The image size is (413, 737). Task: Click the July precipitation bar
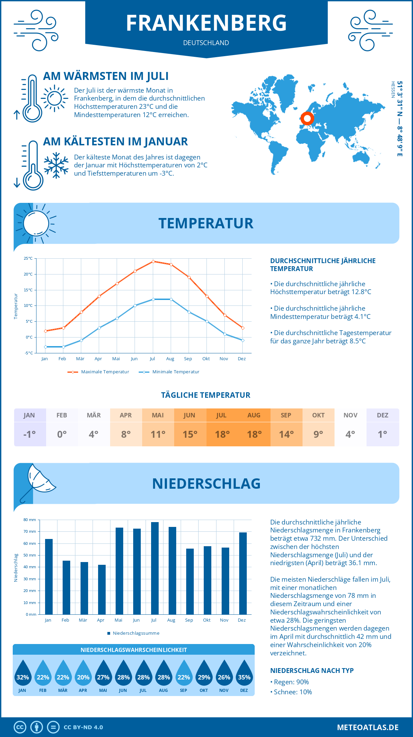pyautogui.click(x=155, y=568)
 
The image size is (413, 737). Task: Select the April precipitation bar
pyautogui.click(x=102, y=590)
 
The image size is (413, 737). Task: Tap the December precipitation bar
pyautogui.click(x=243, y=573)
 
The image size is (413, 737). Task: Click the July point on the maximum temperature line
pyautogui.click(x=153, y=261)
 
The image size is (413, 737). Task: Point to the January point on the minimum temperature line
pyautogui.click(x=45, y=347)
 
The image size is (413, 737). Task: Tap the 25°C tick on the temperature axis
pyautogui.click(x=28, y=258)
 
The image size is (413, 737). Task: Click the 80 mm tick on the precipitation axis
pyautogui.click(x=30, y=520)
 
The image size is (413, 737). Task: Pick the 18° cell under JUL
pyautogui.click(x=222, y=434)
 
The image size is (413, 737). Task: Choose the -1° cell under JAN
pyautogui.click(x=30, y=434)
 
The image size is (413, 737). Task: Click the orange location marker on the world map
pyautogui.click(x=307, y=119)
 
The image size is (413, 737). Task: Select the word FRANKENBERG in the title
pyautogui.click(x=206, y=23)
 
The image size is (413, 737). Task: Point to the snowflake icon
pyautogui.click(x=56, y=165)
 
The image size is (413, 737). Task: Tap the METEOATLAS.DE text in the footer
pyautogui.click(x=368, y=727)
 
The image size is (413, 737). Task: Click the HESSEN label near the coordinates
pyautogui.click(x=393, y=90)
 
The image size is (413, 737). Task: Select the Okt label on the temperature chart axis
pyautogui.click(x=206, y=359)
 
